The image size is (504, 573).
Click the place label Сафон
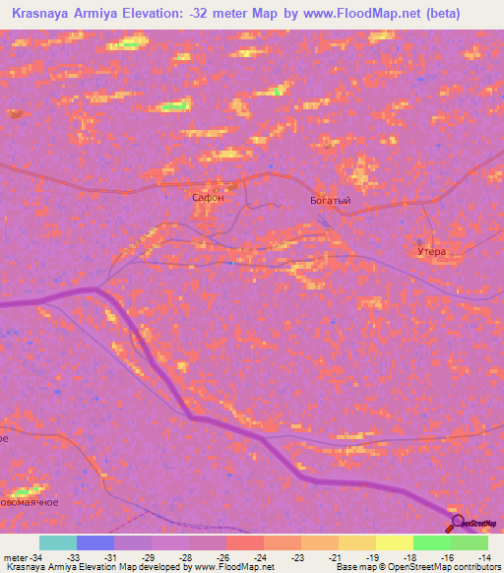pyautogui.click(x=208, y=198)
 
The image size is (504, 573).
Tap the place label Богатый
pyautogui.click(x=331, y=201)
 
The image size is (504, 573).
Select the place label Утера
pyautogui.click(x=431, y=252)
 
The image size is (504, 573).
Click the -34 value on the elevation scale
pyautogui.click(x=34, y=556)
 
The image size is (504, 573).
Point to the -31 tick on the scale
pyautogui.click(x=114, y=556)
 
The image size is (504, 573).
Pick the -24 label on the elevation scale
pyautogui.click(x=260, y=556)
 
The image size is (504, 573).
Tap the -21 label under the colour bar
pyautogui.click(x=337, y=556)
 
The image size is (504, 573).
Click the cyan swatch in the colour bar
pyautogui.click(x=58, y=542)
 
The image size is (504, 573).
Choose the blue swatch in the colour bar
pyautogui.click(x=95, y=542)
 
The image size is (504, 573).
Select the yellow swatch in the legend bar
pyautogui.click(x=394, y=542)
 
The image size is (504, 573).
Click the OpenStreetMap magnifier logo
pyautogui.click(x=456, y=523)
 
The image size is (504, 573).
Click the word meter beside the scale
pyautogui.click(x=14, y=556)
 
